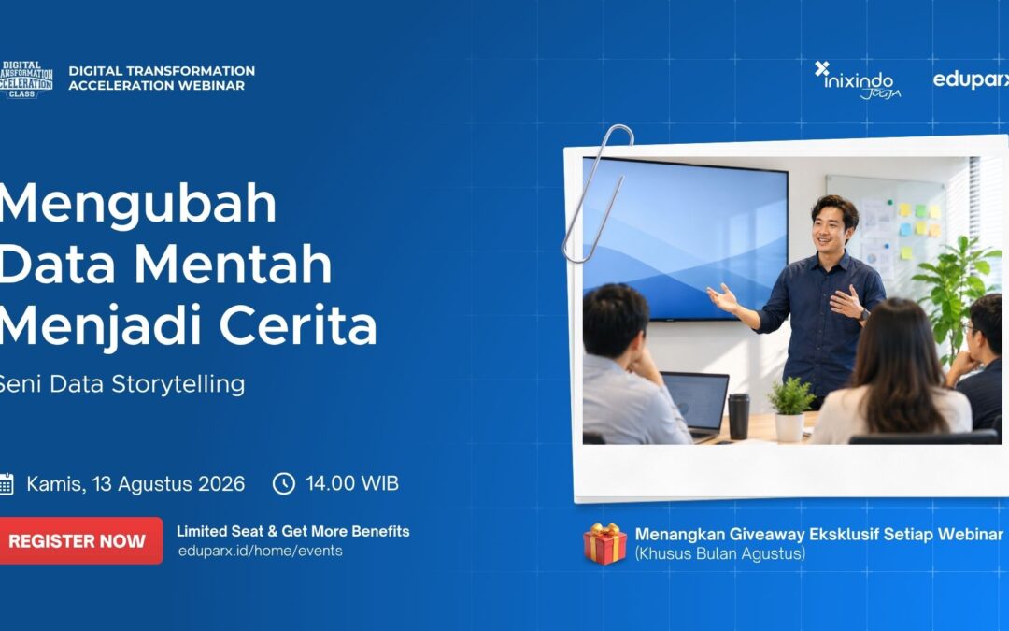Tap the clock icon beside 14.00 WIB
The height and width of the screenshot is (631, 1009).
coord(284,483)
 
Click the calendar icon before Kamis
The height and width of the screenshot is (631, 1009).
coord(7,483)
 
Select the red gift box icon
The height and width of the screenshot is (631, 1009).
coord(604,544)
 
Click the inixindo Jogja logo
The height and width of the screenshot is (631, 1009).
coord(858,80)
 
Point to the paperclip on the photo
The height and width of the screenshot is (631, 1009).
coord(596,194)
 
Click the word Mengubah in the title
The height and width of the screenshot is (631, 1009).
coord(137,204)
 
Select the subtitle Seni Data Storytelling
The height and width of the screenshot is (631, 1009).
coord(121,384)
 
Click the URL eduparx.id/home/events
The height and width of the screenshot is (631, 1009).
coord(260,552)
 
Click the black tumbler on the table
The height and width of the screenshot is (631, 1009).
coord(738,416)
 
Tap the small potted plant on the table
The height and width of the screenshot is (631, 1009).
coord(791,409)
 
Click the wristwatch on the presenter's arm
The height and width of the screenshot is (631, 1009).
coord(864,314)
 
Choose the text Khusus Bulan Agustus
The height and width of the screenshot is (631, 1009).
coord(720,553)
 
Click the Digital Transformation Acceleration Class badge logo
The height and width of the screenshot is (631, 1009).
coord(26,79)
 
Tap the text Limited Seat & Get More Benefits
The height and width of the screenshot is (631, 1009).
coord(293,531)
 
